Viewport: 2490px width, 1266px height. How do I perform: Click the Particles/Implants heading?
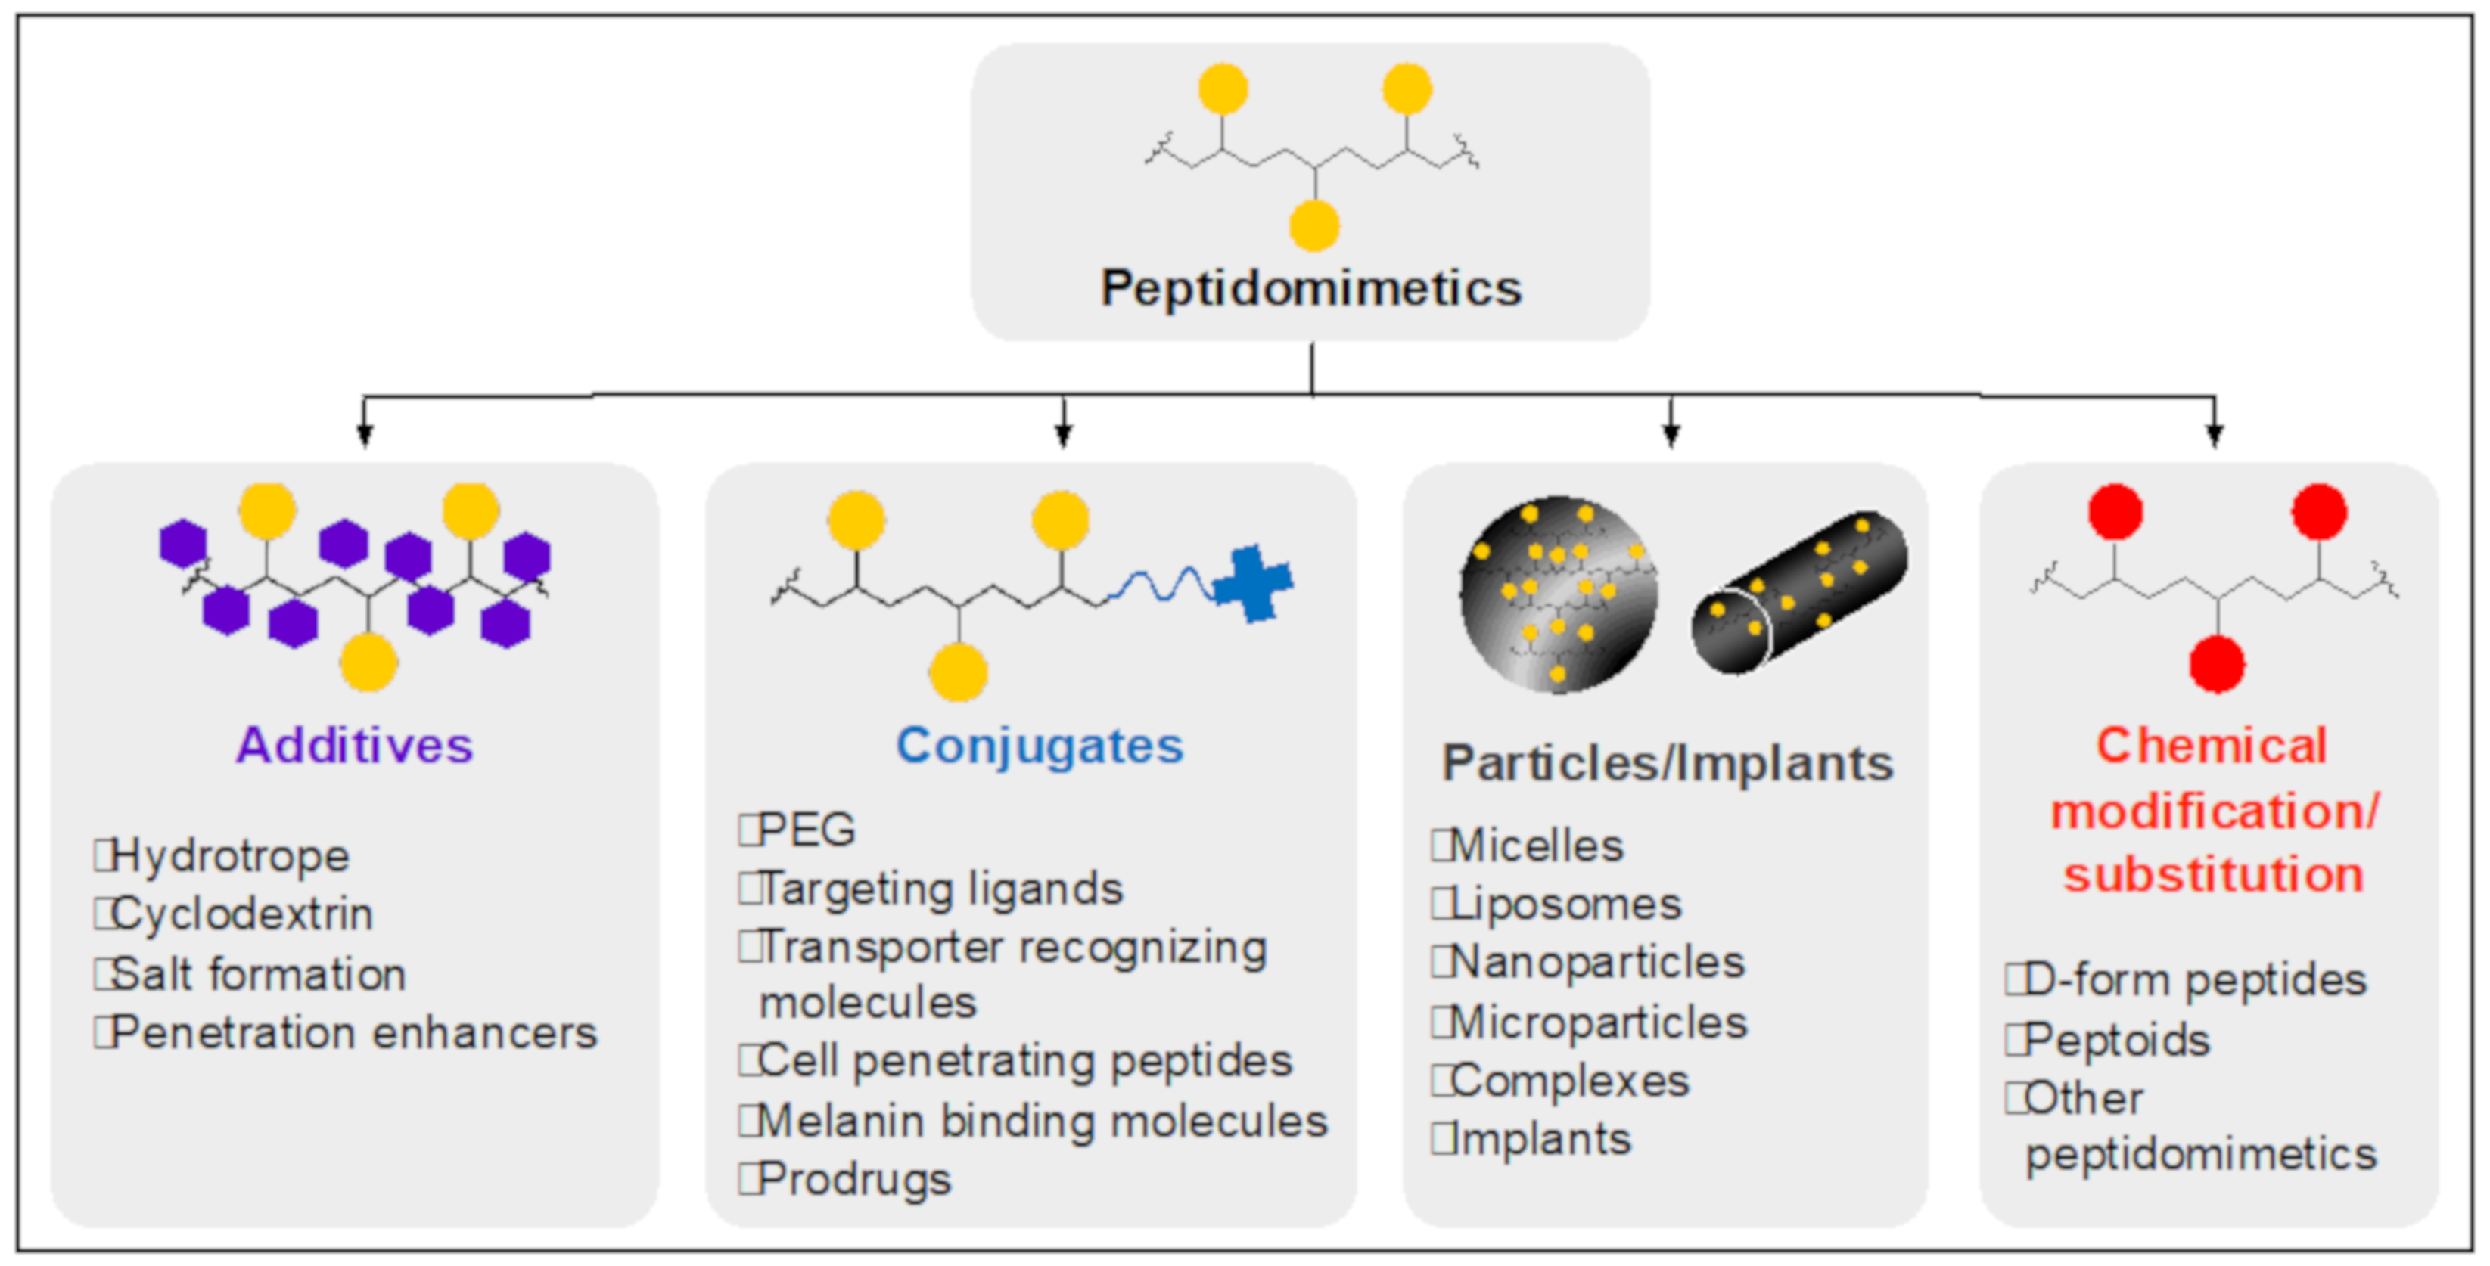[1667, 764]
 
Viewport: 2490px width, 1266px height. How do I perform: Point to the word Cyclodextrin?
[241, 914]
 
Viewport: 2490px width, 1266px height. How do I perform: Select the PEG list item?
[805, 829]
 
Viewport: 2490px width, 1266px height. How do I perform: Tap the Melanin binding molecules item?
[1041, 1121]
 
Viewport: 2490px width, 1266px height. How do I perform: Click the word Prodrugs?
[853, 1179]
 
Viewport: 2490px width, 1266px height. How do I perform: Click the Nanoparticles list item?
[1597, 963]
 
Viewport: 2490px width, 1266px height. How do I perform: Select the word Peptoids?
[2116, 1040]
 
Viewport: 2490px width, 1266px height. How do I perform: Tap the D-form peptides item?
[2194, 980]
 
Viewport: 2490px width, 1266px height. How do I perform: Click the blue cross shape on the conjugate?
[1253, 583]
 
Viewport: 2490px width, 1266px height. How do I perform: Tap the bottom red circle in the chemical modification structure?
[2216, 664]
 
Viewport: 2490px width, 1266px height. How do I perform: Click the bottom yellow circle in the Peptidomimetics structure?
[1313, 225]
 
